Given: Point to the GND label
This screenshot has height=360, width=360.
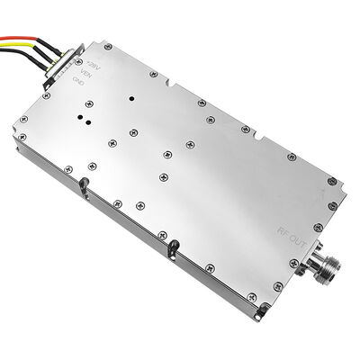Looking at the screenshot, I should pyautogui.click(x=80, y=82).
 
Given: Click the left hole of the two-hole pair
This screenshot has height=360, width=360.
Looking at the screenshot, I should pyautogui.click(x=83, y=117).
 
